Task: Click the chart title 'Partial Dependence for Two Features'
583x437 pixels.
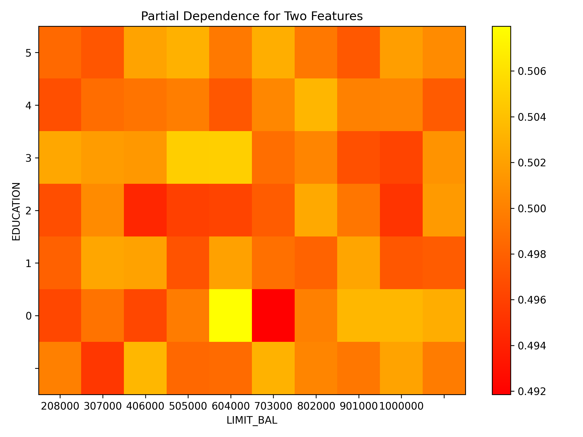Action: click(x=252, y=16)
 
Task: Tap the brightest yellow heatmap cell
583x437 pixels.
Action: click(x=230, y=315)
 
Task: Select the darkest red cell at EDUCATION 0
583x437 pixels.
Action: click(x=273, y=315)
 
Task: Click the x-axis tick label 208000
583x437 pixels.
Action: click(x=60, y=406)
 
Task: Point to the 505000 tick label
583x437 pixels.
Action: click(x=188, y=406)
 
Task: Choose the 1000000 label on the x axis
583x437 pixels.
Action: click(x=401, y=406)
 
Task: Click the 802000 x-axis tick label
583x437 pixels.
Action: click(x=316, y=406)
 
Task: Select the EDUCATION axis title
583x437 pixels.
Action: click(x=16, y=211)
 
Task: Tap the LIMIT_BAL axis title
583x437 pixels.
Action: click(x=252, y=420)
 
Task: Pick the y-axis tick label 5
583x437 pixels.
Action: click(x=28, y=53)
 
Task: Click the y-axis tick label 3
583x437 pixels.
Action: click(x=28, y=158)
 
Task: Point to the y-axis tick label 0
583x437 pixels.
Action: click(x=28, y=316)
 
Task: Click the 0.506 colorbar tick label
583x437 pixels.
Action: click(x=532, y=71)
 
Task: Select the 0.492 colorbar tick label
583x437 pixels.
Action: click(x=532, y=392)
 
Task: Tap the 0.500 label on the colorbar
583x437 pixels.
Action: click(x=532, y=209)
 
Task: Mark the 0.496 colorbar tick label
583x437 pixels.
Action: click(x=532, y=300)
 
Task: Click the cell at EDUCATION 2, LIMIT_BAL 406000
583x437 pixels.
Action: click(x=145, y=210)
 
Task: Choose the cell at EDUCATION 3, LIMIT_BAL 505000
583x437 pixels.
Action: click(x=188, y=158)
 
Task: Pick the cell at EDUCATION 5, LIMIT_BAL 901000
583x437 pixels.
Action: click(x=359, y=52)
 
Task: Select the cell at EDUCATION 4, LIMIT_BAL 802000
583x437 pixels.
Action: click(x=316, y=105)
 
